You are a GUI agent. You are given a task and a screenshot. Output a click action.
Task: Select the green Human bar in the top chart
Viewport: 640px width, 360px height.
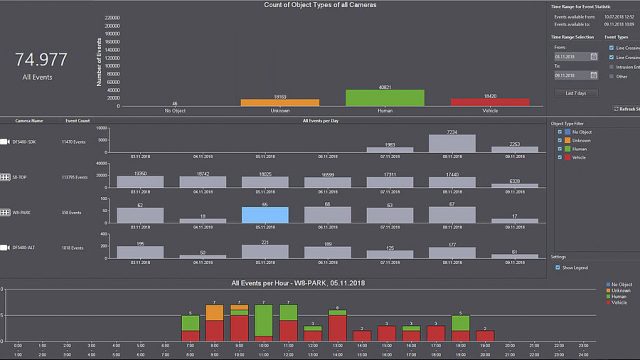tap(372, 97)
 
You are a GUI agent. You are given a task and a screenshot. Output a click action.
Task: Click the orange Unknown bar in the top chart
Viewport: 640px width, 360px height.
tap(266, 101)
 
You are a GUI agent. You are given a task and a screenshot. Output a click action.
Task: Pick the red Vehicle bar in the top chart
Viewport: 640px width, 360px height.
tap(476, 101)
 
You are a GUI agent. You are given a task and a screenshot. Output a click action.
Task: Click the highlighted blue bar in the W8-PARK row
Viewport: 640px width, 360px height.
tap(264, 215)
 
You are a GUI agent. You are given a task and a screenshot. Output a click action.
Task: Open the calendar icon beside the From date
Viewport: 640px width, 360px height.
tap(594, 57)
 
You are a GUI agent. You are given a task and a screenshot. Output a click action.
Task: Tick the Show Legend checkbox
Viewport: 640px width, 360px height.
tap(557, 267)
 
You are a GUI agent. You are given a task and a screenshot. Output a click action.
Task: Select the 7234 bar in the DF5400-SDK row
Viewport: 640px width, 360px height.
tap(452, 143)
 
